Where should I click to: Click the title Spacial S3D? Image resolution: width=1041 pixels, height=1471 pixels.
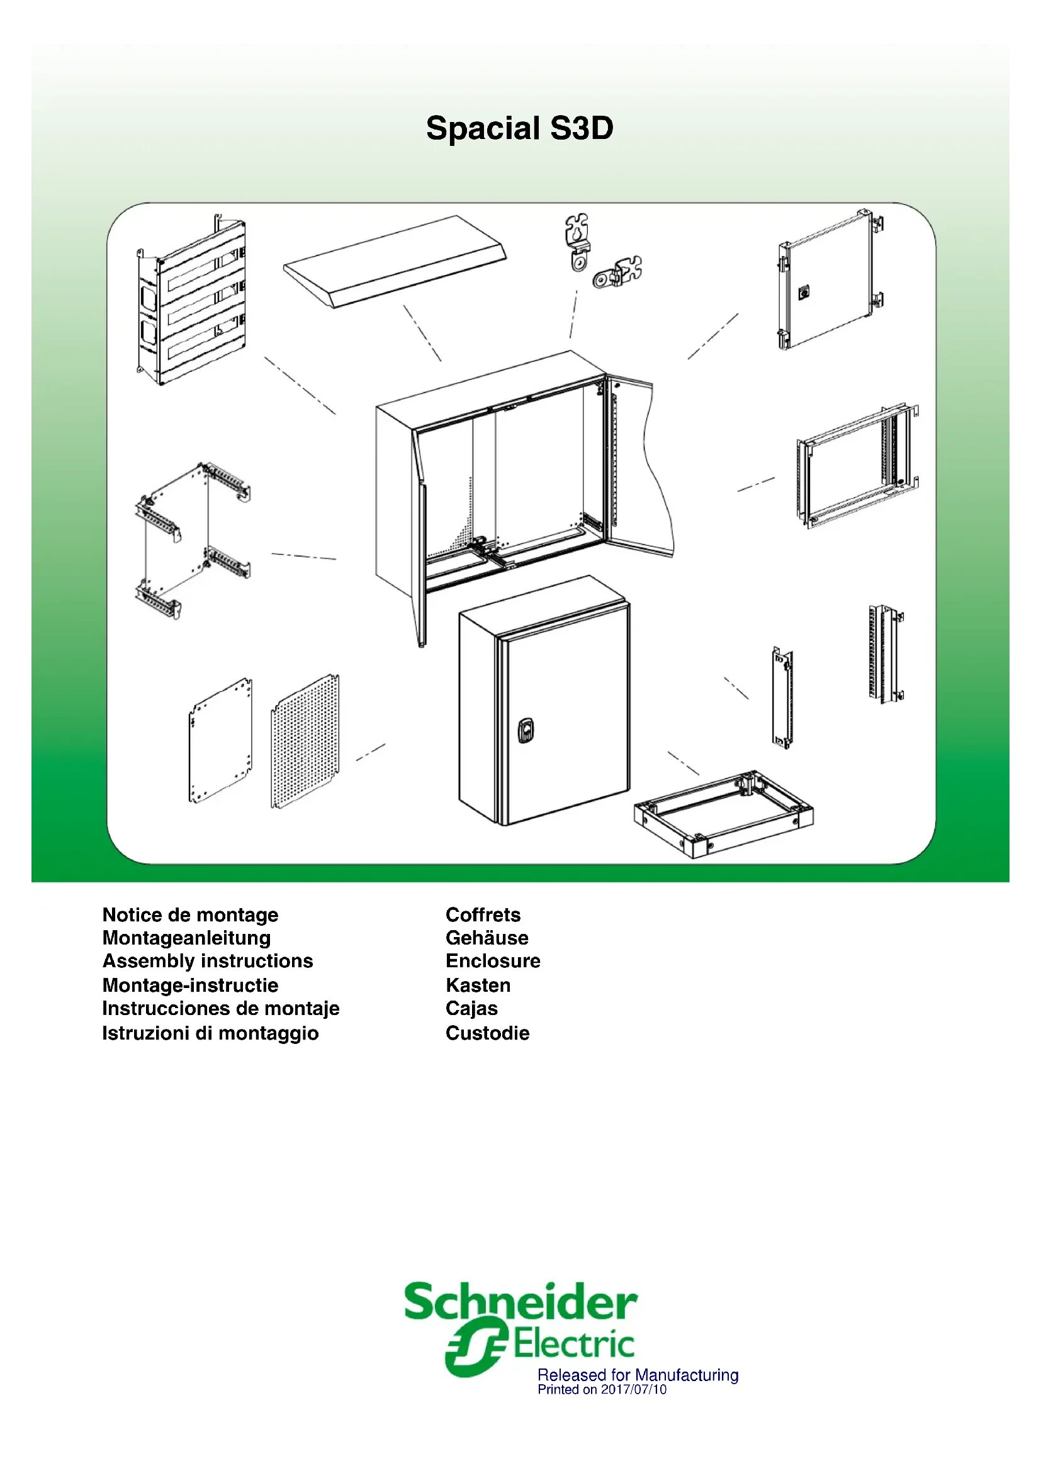tap(519, 128)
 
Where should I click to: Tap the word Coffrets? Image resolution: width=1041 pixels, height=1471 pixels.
tap(483, 914)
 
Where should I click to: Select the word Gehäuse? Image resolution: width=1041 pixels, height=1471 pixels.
tap(487, 938)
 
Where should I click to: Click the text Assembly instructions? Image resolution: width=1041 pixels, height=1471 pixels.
tap(208, 961)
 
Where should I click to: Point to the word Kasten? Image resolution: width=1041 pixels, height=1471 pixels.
tap(478, 985)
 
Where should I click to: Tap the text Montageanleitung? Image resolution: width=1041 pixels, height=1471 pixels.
tap(186, 938)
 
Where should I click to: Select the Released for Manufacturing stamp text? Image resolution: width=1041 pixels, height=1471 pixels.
tap(638, 1375)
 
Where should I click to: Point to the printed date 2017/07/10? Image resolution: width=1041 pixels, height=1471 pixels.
tap(633, 1390)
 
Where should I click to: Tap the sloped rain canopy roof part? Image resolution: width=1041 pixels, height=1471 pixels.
tap(395, 262)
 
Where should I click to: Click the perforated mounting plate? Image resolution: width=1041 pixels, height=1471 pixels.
tap(305, 741)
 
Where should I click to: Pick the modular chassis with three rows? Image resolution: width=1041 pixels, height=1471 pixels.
tap(193, 300)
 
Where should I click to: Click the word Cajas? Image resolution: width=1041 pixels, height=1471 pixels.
tap(471, 1008)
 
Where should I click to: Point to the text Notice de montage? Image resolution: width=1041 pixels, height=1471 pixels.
tap(190, 914)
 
